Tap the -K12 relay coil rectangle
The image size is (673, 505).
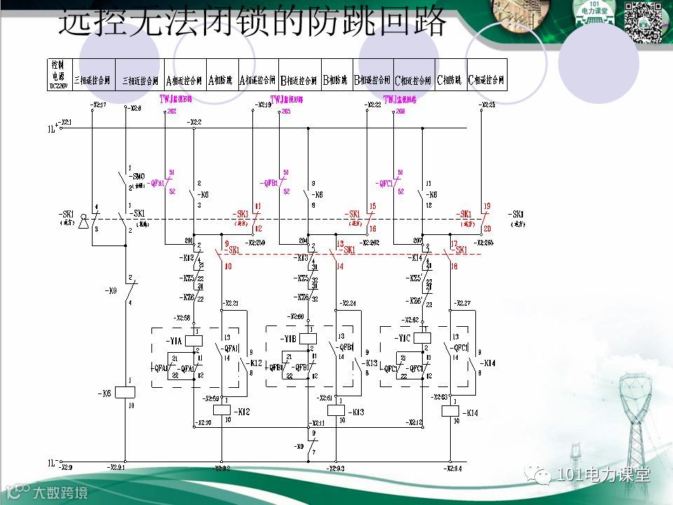222,411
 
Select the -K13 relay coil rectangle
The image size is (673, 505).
336,411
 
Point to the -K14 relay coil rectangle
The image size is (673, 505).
450,411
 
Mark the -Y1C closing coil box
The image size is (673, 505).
422,339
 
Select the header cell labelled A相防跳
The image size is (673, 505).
220,80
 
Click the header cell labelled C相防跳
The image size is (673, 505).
449,80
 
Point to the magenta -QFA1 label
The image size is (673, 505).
156,184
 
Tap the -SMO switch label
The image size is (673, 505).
137,176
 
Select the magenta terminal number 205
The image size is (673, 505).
285,112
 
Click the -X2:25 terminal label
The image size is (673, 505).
487,105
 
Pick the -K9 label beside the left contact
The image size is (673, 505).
111,290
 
